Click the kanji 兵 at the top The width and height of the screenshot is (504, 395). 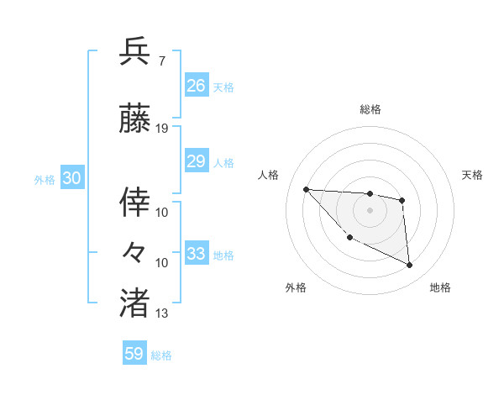135,51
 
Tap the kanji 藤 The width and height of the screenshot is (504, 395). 135,119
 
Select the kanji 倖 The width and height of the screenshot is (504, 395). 135,202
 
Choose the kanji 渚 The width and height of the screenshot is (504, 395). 135,303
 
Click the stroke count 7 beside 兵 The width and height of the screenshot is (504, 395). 160,61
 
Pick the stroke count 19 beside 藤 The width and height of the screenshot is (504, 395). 162,129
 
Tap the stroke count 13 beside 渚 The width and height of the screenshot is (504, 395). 162,313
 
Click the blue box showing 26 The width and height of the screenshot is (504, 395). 196,86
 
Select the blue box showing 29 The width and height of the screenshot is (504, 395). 196,161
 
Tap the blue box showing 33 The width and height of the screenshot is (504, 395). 196,254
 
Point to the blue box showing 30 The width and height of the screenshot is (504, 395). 71,178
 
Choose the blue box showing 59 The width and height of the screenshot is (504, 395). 134,354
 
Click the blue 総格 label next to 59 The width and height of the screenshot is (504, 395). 161,355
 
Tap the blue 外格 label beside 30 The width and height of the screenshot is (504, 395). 45,179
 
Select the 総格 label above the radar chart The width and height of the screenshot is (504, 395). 370,109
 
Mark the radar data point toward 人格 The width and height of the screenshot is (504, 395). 306,189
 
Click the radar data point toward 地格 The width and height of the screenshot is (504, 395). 409,266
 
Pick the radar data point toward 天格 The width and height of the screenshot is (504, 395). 402,200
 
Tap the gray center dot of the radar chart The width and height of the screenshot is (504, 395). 370,210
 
